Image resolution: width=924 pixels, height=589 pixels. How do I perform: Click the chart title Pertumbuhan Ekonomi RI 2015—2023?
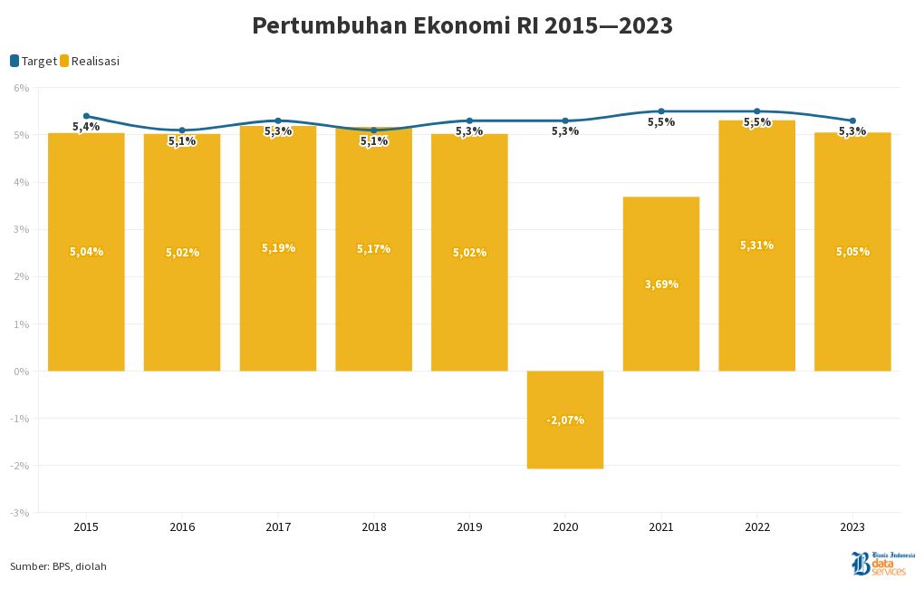pos(462,25)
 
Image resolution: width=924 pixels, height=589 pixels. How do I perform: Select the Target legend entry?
pos(34,61)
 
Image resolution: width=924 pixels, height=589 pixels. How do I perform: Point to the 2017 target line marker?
pos(278,121)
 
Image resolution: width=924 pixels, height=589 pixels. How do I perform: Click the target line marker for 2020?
pos(565,121)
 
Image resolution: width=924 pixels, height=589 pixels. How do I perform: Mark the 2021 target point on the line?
pos(661,111)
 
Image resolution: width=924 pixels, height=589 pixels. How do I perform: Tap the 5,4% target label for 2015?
pos(86,127)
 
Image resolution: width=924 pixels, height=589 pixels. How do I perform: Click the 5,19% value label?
pos(278,247)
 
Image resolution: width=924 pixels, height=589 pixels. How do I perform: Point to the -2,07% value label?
pos(565,420)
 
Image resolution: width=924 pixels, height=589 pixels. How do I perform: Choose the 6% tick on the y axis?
pos(21,88)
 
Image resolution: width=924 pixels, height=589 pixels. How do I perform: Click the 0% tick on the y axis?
pos(21,372)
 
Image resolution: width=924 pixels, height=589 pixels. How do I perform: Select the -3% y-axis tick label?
pos(20,513)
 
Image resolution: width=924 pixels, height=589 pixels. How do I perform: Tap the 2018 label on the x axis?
pos(374,526)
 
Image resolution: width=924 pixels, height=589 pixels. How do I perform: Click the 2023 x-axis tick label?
pos(852,526)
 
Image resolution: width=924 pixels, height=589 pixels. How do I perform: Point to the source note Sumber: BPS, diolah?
pos(58,566)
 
